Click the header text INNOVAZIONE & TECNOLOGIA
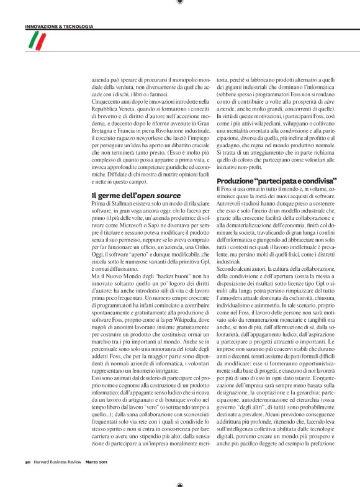60,27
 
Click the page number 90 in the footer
29,461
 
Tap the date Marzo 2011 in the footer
99,461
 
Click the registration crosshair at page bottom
180,483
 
